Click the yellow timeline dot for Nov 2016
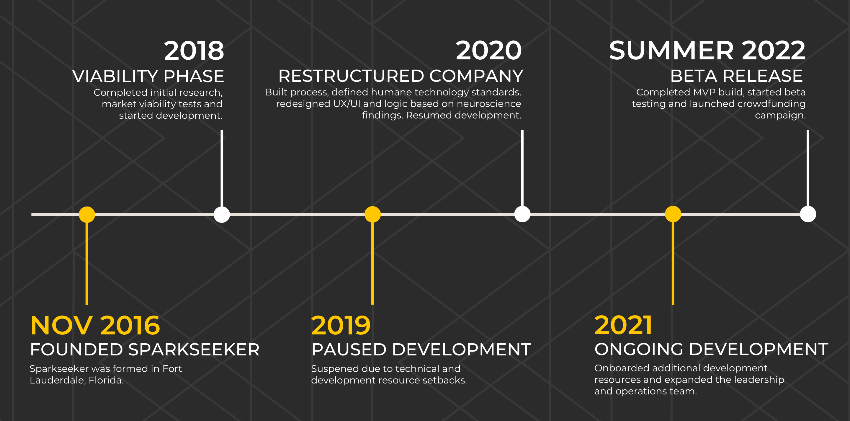tap(87, 214)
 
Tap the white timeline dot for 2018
tap(222, 214)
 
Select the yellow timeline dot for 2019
tap(372, 214)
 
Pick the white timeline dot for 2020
tap(522, 214)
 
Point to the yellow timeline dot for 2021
tap(673, 214)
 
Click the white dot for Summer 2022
tap(808, 214)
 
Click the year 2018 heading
tap(194, 51)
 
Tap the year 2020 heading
tap(489, 51)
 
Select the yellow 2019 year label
tap(341, 325)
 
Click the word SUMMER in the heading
tap(671, 51)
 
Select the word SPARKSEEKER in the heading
tap(194, 350)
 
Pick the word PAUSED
tap(349, 350)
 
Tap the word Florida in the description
tap(106, 381)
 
